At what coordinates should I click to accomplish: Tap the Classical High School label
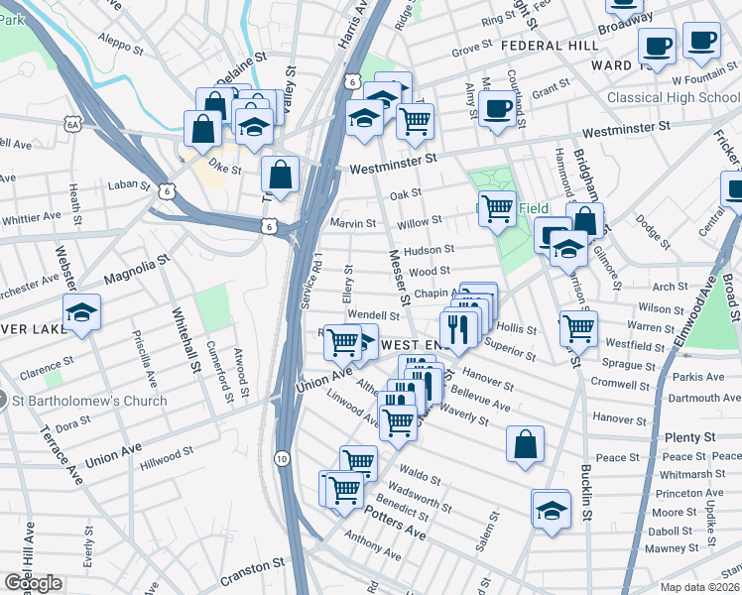[x=673, y=97]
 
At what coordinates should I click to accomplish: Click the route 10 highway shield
[x=282, y=458]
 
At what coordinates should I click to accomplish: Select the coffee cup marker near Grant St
[x=497, y=110]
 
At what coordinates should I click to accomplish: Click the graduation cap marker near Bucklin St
[x=550, y=509]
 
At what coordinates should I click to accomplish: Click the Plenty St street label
[x=689, y=437]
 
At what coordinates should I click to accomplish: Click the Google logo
[x=33, y=583]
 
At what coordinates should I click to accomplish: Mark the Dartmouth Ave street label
[x=700, y=398]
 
